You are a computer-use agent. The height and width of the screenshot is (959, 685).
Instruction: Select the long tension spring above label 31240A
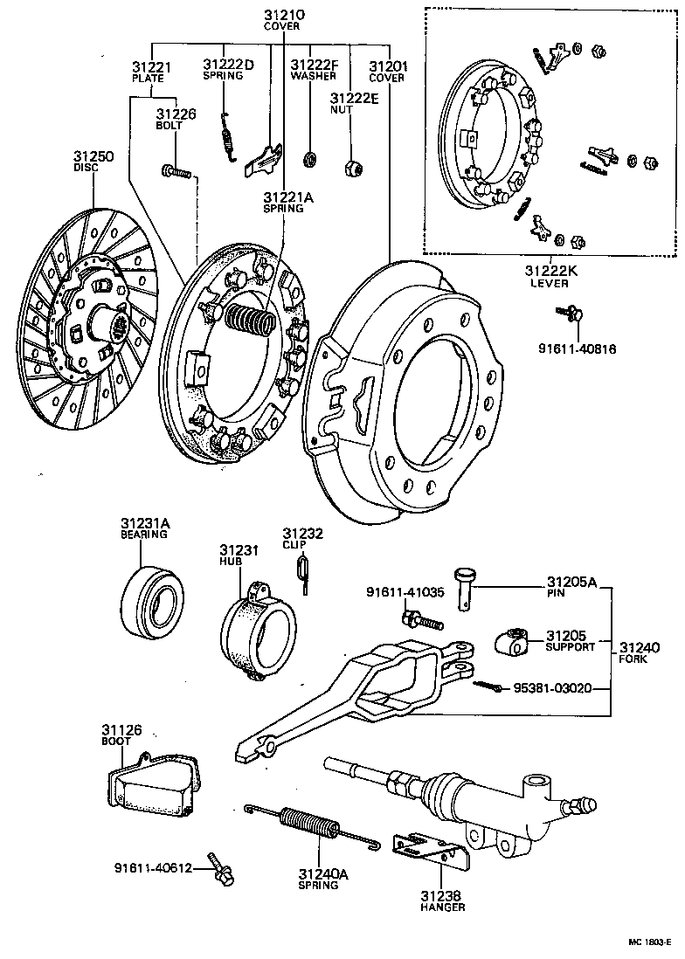coord(310,825)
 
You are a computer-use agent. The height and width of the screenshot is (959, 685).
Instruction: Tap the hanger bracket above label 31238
coord(427,851)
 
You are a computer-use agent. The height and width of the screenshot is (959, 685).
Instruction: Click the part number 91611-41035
coord(405,592)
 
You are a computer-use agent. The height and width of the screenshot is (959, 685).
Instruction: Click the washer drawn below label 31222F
coord(310,159)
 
